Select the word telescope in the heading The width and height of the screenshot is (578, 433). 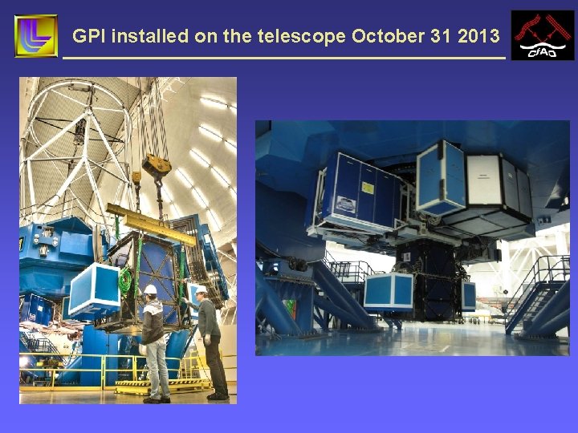tap(303, 36)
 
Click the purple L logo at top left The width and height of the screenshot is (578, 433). tap(35, 35)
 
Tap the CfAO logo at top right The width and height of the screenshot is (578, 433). tap(543, 35)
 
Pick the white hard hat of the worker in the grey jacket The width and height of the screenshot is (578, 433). tap(150, 289)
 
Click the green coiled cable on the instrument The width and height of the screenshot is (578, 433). tap(125, 281)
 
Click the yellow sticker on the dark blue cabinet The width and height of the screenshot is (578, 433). tap(367, 188)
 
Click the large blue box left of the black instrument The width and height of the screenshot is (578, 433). tap(389, 292)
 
